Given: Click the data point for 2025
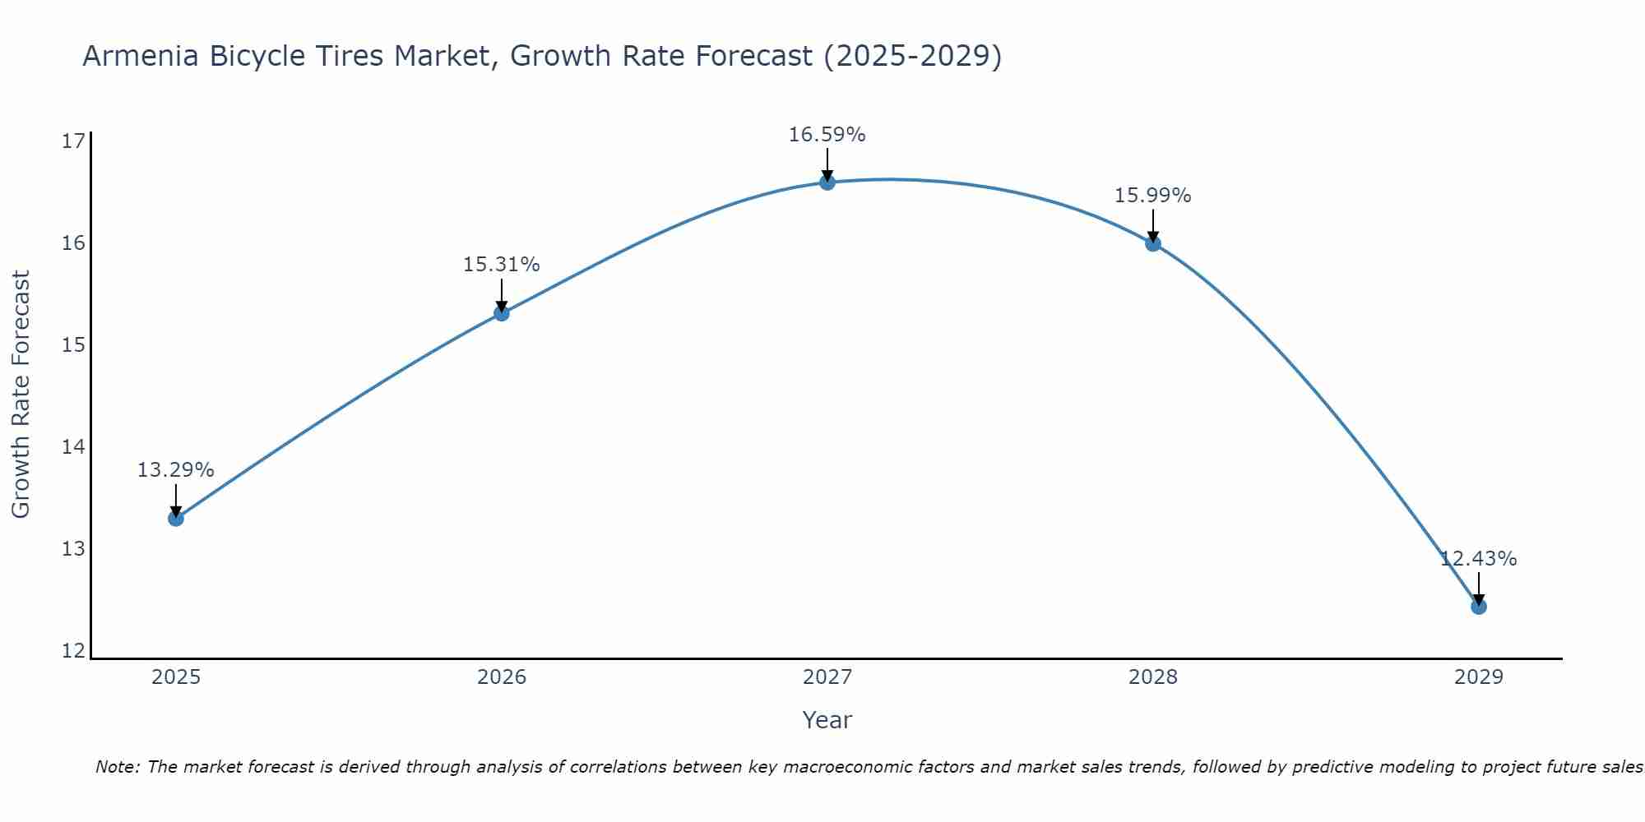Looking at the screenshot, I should click(x=175, y=518).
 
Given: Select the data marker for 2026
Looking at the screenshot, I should click(x=501, y=312).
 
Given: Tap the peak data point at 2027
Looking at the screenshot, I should click(x=827, y=182).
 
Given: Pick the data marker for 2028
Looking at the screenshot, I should click(x=1152, y=243).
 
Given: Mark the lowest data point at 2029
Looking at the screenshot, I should click(x=1478, y=607).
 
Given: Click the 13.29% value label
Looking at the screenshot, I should click(x=175, y=470).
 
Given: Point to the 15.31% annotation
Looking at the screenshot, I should click(x=501, y=265).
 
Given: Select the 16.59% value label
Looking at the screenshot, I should click(x=827, y=135).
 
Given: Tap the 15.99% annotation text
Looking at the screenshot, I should click(x=1152, y=196).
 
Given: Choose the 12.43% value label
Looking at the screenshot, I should click(x=1478, y=559).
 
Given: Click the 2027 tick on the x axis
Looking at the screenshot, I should click(x=827, y=677).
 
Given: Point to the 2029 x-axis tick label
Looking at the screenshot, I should click(x=1478, y=677).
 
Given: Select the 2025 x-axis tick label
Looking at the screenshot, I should click(x=176, y=677).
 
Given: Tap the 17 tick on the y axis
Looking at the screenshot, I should click(x=73, y=141).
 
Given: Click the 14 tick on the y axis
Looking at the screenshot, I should click(x=73, y=447).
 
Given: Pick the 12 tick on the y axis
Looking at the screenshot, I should click(x=73, y=651).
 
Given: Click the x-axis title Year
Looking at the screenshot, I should click(x=827, y=720).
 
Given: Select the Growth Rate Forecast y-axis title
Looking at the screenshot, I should click(x=21, y=395).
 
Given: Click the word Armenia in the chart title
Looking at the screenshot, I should click(x=140, y=57).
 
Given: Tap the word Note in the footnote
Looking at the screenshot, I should click(x=117, y=767).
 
